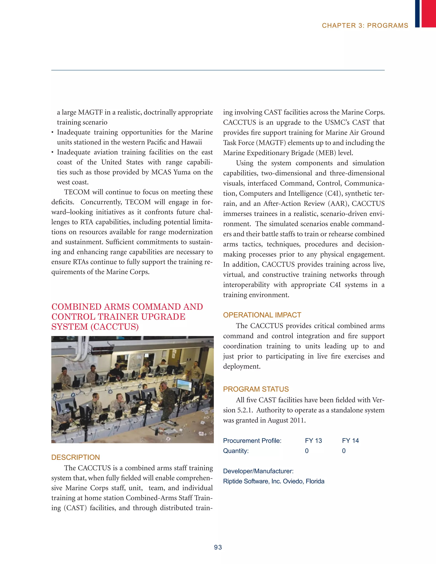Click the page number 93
coord(218,547)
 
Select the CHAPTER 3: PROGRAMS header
coord(365,26)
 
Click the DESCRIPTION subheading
coord(75,457)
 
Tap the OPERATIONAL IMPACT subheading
coord(262,315)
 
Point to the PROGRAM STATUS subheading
coord(256,389)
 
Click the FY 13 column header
coord(313,440)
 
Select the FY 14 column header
coord(350,440)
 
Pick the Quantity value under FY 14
coord(344,451)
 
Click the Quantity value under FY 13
coord(307,451)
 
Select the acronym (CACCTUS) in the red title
coord(114,327)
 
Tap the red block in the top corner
coord(429,13)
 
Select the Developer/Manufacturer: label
coord(258,471)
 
